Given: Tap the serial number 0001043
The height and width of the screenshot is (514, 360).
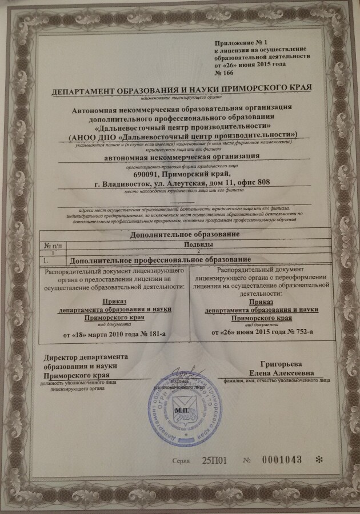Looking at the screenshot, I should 281,460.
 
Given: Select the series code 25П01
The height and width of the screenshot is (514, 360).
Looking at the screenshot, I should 215,460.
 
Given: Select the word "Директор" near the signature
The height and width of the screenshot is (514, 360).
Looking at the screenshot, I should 62,358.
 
